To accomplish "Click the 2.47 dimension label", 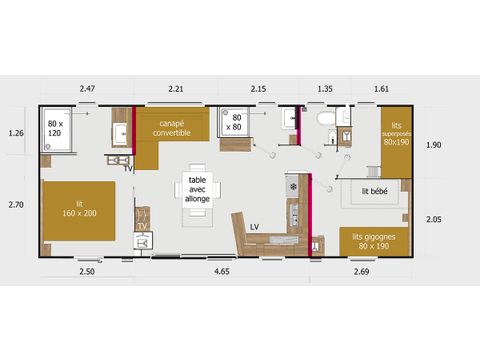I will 87,90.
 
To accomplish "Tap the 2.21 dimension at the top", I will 177,90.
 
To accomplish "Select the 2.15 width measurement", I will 260,90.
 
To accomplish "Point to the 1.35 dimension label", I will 324,90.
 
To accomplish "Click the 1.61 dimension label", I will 380,90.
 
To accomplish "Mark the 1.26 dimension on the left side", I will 16,132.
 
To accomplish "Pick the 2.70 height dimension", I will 16,204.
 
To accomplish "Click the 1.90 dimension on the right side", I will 433,145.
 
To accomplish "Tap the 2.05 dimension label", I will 433,219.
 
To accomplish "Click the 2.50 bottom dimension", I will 87,270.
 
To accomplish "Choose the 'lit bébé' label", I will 374,190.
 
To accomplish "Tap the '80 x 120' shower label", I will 56,128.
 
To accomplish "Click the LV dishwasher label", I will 254,226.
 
